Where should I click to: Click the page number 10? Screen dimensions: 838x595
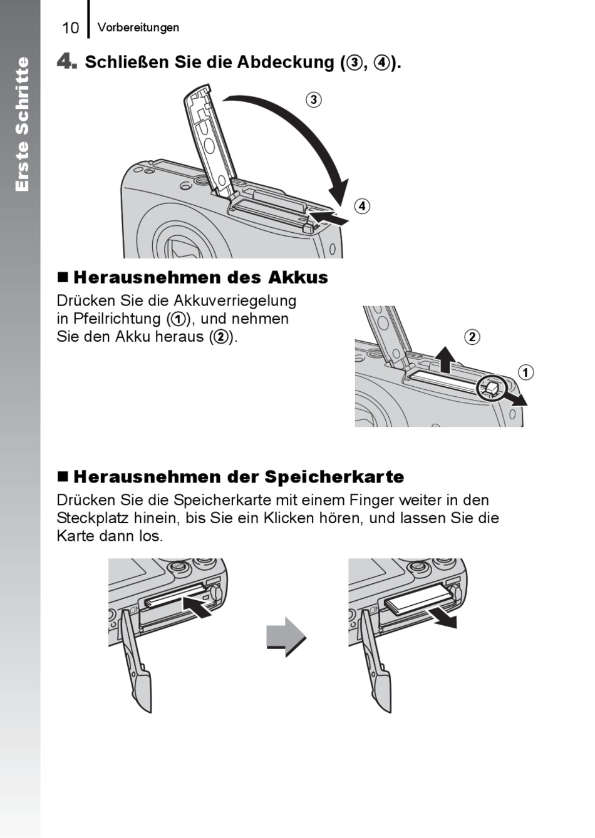coord(70,28)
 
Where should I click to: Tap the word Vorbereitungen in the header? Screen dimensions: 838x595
coord(138,28)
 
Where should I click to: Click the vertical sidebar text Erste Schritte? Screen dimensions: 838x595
coord(22,124)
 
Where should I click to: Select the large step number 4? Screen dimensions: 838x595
coord(66,61)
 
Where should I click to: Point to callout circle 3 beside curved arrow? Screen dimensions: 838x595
coord(314,100)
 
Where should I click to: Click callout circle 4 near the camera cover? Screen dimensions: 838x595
coord(361,206)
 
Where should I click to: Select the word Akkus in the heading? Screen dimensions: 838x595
coord(298,277)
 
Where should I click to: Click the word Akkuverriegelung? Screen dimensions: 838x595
coord(235,300)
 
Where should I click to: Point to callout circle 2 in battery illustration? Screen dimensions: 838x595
coord(472,337)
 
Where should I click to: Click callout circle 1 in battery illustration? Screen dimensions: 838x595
coord(525,372)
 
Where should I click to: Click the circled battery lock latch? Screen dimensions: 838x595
coord(490,388)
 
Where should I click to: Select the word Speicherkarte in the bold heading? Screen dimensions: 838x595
coord(334,477)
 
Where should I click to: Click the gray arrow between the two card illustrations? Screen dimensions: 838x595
coord(286,636)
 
